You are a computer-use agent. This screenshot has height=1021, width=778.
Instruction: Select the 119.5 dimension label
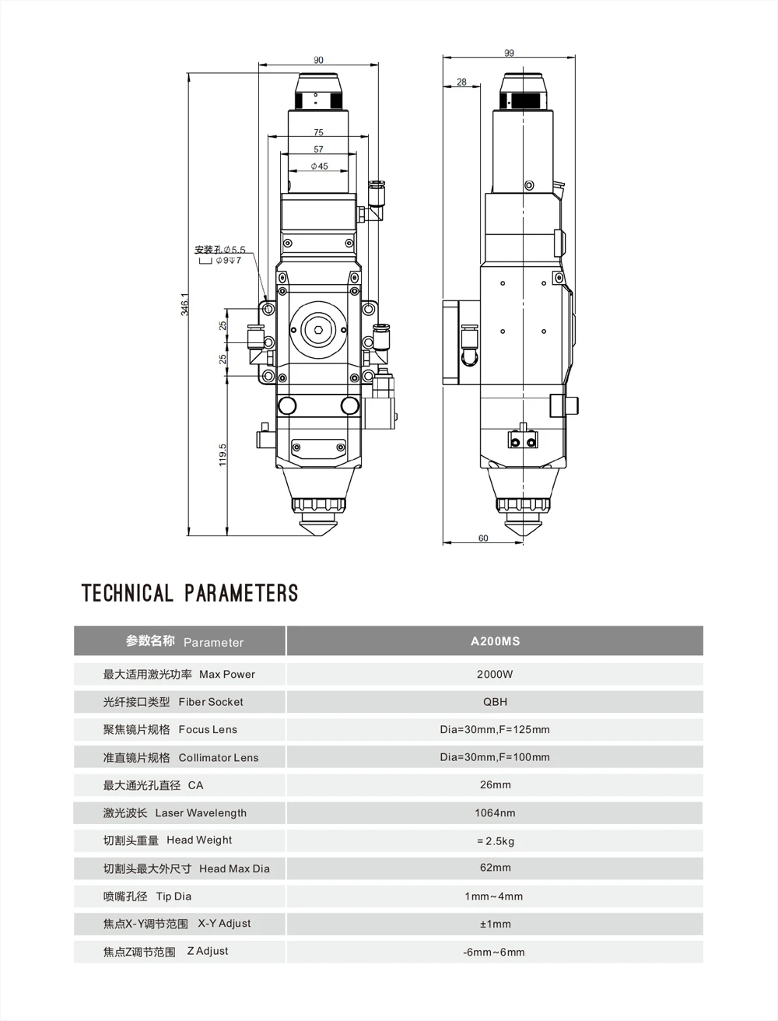click(223, 454)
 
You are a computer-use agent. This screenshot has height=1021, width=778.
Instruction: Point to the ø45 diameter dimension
click(319, 167)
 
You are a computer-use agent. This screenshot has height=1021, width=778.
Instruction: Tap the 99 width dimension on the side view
click(509, 53)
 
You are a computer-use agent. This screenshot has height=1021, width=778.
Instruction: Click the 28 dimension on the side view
click(462, 82)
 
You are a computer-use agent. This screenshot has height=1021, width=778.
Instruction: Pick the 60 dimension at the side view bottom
click(483, 539)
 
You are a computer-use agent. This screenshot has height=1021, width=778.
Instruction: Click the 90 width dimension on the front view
click(318, 60)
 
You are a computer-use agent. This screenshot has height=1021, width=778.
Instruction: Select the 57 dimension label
click(318, 149)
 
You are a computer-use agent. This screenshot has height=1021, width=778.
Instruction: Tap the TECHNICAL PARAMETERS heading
click(190, 593)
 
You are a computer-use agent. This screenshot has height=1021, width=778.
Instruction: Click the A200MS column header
click(495, 641)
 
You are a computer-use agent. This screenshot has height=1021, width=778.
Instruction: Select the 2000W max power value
click(495, 674)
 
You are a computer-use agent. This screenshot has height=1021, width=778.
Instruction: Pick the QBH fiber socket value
click(495, 702)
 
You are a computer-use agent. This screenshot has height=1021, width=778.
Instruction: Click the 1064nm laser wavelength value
click(495, 813)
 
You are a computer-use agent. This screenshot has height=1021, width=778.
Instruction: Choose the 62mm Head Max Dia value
click(495, 868)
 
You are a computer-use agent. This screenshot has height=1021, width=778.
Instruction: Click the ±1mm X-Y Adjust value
click(495, 924)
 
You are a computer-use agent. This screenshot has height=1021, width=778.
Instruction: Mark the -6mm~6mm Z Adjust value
click(495, 952)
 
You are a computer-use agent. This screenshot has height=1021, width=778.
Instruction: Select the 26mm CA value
click(495, 785)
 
